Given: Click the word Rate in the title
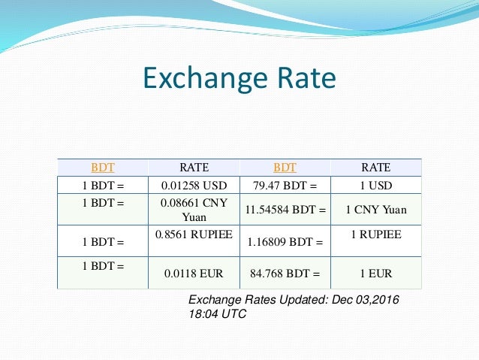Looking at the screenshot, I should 306,78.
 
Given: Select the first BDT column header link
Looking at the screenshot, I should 103,167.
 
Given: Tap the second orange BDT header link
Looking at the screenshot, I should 285,167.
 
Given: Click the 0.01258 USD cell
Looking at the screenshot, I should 194,186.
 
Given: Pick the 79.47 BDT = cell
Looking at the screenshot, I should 285,186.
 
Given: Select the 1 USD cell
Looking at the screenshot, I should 375,186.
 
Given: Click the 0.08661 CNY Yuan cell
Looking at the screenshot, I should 194,210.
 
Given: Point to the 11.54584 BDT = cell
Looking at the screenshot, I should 285,210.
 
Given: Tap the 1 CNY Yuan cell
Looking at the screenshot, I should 375,210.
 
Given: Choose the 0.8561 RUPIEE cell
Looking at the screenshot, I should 194,234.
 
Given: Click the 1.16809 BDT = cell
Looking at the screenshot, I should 285,243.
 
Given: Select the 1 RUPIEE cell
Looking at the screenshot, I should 375,234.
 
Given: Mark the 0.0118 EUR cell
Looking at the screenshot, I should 194,274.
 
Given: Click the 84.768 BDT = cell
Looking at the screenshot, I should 285,274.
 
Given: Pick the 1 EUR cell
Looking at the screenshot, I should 375,274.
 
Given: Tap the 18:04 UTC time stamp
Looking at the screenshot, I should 217,313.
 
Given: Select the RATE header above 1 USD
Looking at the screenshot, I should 375,167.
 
